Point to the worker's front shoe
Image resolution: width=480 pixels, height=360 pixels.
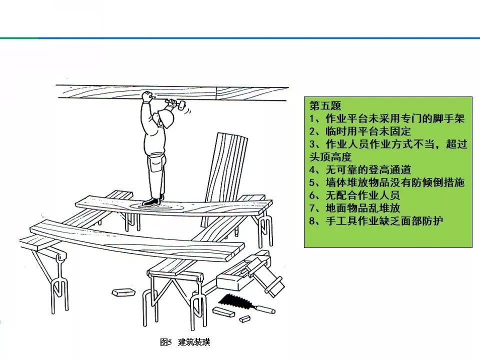tap(150, 201)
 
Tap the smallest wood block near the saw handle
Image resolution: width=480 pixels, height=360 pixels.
tap(244, 318)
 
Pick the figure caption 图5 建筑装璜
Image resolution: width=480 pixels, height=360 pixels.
tap(184, 342)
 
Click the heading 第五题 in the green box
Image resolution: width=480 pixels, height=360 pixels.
tap(325, 106)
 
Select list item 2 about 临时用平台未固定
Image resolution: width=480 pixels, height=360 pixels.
tap(360, 131)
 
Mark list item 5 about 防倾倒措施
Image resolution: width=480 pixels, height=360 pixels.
tap(387, 182)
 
